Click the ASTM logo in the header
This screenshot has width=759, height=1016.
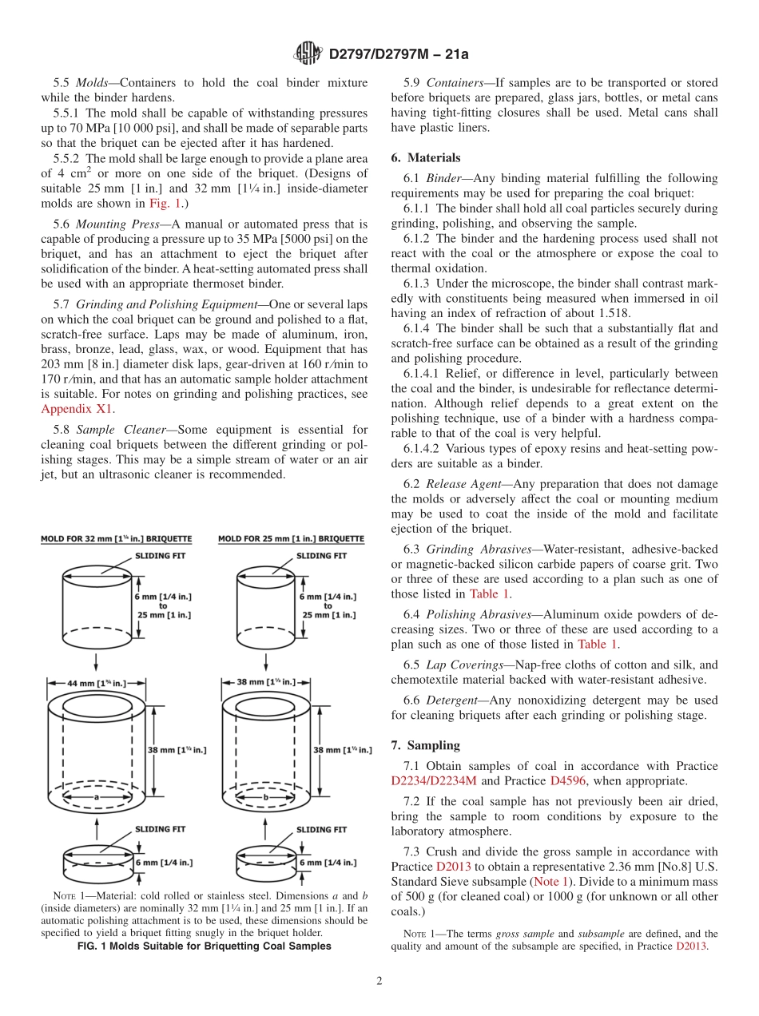tap(308, 54)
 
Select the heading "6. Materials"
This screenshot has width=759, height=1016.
tap(425, 158)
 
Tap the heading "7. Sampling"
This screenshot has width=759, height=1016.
tap(425, 745)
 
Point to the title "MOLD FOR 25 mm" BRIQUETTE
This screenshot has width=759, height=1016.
tap(291, 539)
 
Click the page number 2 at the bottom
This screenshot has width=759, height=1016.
tap(379, 981)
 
